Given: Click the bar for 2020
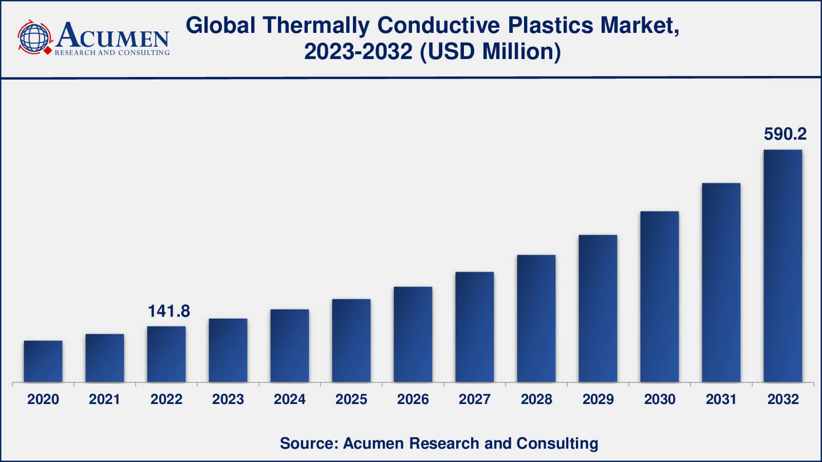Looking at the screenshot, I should point(43,361).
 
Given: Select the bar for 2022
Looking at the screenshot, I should point(166,354).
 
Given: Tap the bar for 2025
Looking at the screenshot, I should point(351,341).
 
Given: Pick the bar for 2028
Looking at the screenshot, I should point(536,318).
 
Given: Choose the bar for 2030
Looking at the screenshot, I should point(660,297).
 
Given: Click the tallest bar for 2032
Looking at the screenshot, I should point(783,266).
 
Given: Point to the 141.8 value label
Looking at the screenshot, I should point(169,311).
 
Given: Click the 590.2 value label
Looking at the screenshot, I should point(785,134).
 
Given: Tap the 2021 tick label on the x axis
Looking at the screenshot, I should point(105,399).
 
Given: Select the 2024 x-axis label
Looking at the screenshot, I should point(290,399).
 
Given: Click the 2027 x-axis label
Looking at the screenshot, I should point(475,399).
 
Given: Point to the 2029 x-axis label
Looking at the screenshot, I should point(598,399).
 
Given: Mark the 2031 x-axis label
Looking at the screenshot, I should point(721,399).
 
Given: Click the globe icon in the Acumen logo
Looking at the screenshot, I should point(35,37).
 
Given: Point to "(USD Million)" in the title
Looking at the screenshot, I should point(491,51).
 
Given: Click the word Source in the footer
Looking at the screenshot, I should point(307,443).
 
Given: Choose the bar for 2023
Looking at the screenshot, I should point(228,351).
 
